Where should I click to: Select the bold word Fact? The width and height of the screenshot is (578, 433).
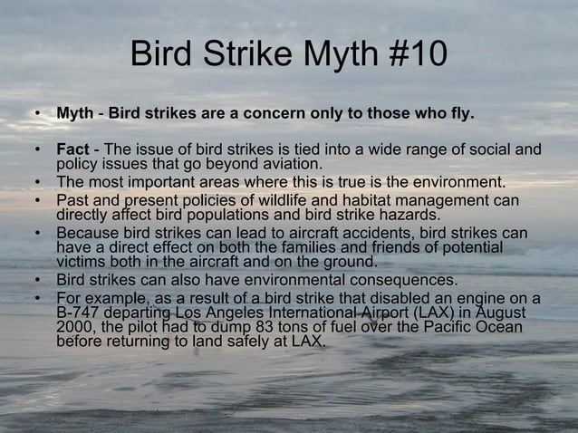(x=72, y=149)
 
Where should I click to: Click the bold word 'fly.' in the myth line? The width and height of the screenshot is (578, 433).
(x=458, y=115)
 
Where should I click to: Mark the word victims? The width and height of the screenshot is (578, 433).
(x=81, y=264)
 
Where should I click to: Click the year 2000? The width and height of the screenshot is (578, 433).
(x=74, y=329)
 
